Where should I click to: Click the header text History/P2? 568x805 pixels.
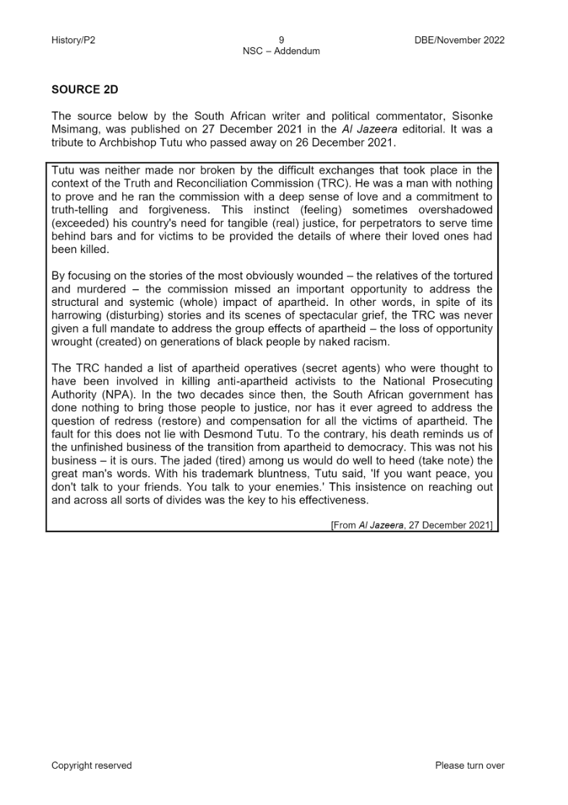point(73,41)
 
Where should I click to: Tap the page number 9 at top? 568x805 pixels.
point(281,41)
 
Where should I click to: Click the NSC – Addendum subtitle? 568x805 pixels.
point(281,51)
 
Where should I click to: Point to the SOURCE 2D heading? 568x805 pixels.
point(84,90)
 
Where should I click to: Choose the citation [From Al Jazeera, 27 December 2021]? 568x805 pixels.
point(411,525)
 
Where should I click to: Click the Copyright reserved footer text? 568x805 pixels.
point(91,765)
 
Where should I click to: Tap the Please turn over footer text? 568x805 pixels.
point(469,765)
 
